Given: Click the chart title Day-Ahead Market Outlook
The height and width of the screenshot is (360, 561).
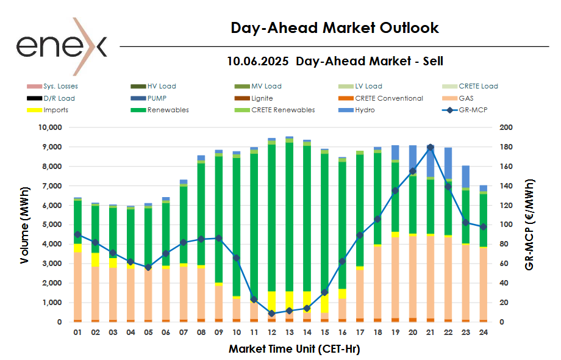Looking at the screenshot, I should point(335,28).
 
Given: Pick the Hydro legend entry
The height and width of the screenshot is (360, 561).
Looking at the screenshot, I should point(365,110).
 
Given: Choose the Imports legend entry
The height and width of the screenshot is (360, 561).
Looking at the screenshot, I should point(55,110).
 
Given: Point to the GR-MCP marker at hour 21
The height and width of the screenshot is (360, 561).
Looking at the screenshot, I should point(431,147).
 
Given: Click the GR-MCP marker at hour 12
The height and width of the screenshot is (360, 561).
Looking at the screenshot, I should point(271,314).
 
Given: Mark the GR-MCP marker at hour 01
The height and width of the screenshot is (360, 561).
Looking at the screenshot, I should point(77,234).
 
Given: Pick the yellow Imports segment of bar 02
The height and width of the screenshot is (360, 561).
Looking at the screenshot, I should point(95,259).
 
